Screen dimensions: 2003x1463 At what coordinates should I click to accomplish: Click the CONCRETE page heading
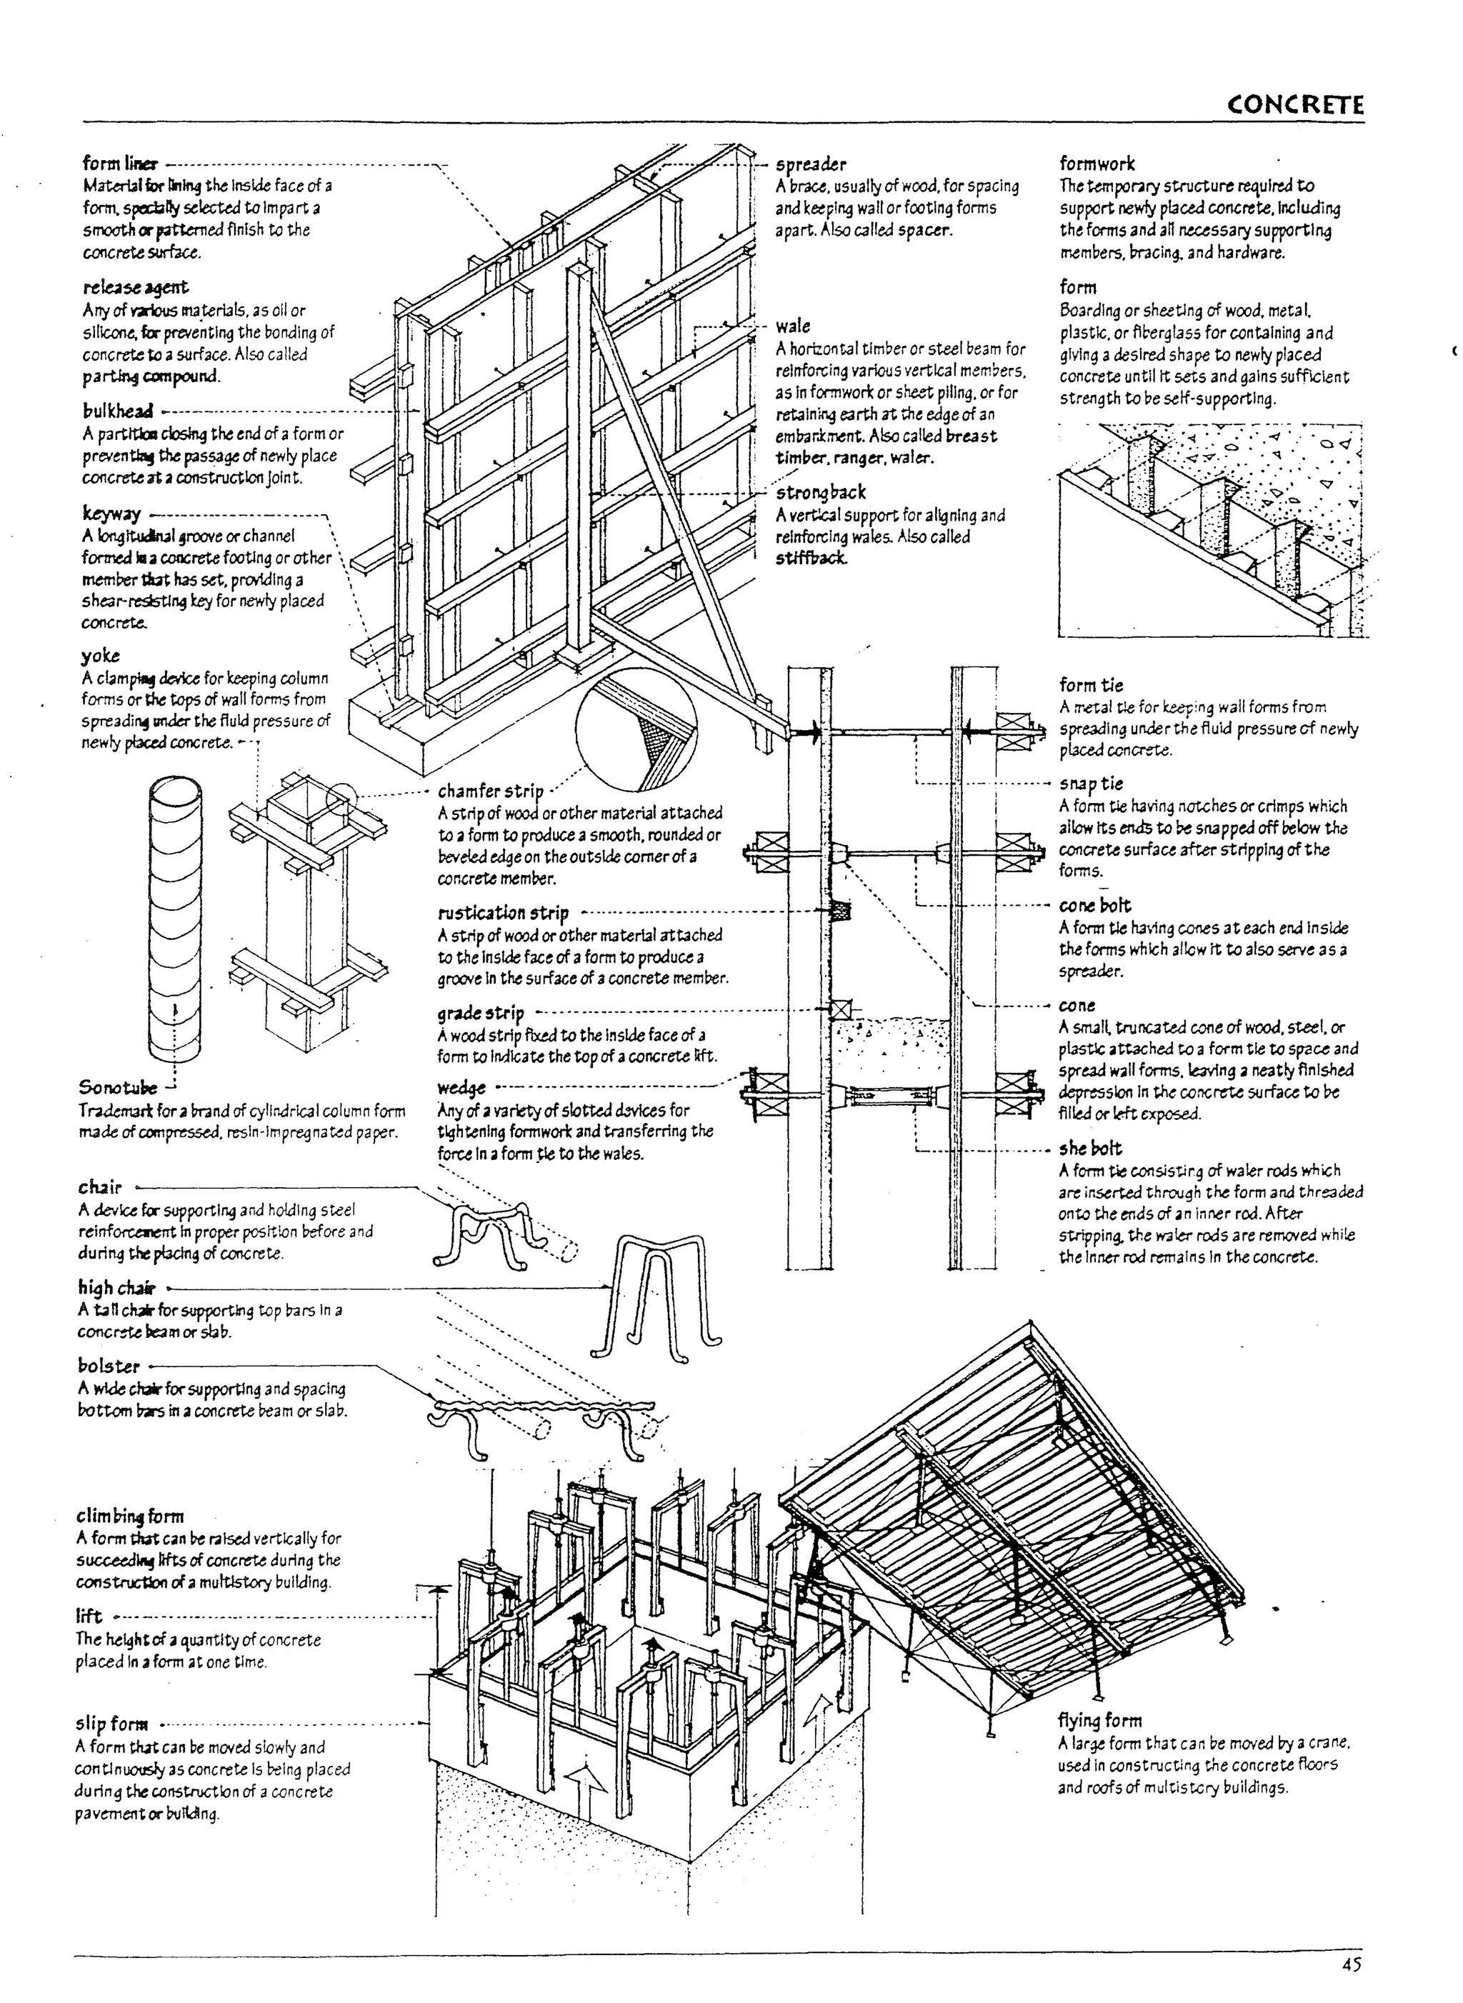pyautogui.click(x=1294, y=106)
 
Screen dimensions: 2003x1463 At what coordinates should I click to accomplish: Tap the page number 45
pyautogui.click(x=1352, y=1964)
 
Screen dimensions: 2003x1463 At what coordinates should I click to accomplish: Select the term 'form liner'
pyautogui.click(x=121, y=164)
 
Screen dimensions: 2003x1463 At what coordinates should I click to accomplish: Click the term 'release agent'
pyautogui.click(x=136, y=288)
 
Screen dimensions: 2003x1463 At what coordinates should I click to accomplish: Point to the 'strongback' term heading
pyautogui.click(x=821, y=493)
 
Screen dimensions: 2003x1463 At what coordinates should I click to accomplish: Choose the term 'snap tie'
pyautogui.click(x=1090, y=784)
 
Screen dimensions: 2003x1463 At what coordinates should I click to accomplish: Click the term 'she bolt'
pyautogui.click(x=1089, y=1149)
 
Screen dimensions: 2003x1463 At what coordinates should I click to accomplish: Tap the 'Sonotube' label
pyautogui.click(x=118, y=1087)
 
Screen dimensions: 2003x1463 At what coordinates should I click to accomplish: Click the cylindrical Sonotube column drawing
pyautogui.click(x=175, y=921)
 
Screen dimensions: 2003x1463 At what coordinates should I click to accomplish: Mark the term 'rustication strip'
pyautogui.click(x=503, y=913)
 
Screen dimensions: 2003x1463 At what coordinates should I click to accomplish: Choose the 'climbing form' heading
pyautogui.click(x=129, y=1516)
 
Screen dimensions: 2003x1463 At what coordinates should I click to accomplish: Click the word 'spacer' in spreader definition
pyautogui.click(x=924, y=230)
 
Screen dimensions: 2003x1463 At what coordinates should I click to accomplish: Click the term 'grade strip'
pyautogui.click(x=480, y=1013)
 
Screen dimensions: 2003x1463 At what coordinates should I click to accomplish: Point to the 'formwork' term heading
pyautogui.click(x=1097, y=164)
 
